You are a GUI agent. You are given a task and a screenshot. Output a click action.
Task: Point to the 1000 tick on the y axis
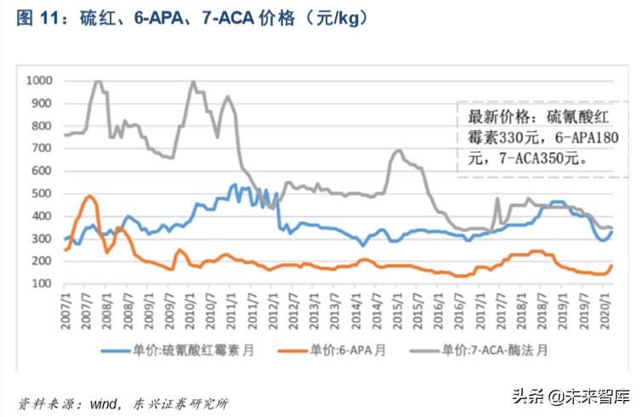(39, 81)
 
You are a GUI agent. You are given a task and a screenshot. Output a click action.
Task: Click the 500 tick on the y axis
(42, 193)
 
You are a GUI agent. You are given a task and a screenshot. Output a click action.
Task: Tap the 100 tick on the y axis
(42, 283)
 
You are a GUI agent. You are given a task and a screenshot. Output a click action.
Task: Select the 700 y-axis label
(42, 148)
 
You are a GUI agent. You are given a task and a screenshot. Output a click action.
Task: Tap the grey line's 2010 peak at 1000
(194, 83)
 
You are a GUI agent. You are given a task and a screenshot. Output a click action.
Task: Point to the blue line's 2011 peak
(235, 183)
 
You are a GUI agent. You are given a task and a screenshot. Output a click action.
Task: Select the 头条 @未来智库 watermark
(570, 394)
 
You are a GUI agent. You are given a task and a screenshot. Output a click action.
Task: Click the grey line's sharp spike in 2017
(497, 199)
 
